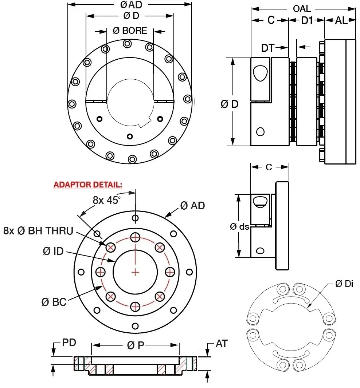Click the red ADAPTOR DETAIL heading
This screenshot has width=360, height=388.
point(88,185)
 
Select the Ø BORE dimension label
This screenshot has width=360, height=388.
point(130,31)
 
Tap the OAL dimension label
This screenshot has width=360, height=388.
point(302,8)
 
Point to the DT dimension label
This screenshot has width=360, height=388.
point(268,47)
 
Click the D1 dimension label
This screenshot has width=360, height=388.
point(307,21)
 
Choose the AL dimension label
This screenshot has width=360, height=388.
point(341,21)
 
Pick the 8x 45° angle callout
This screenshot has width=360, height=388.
point(106,200)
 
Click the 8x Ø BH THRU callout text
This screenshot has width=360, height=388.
point(38,231)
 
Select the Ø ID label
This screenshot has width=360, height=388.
point(53,251)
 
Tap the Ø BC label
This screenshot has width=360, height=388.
point(54,302)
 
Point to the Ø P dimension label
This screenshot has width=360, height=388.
point(136,345)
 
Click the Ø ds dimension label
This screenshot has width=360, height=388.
point(239,226)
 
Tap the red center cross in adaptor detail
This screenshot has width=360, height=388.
point(135,272)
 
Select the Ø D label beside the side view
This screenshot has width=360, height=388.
point(230,104)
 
